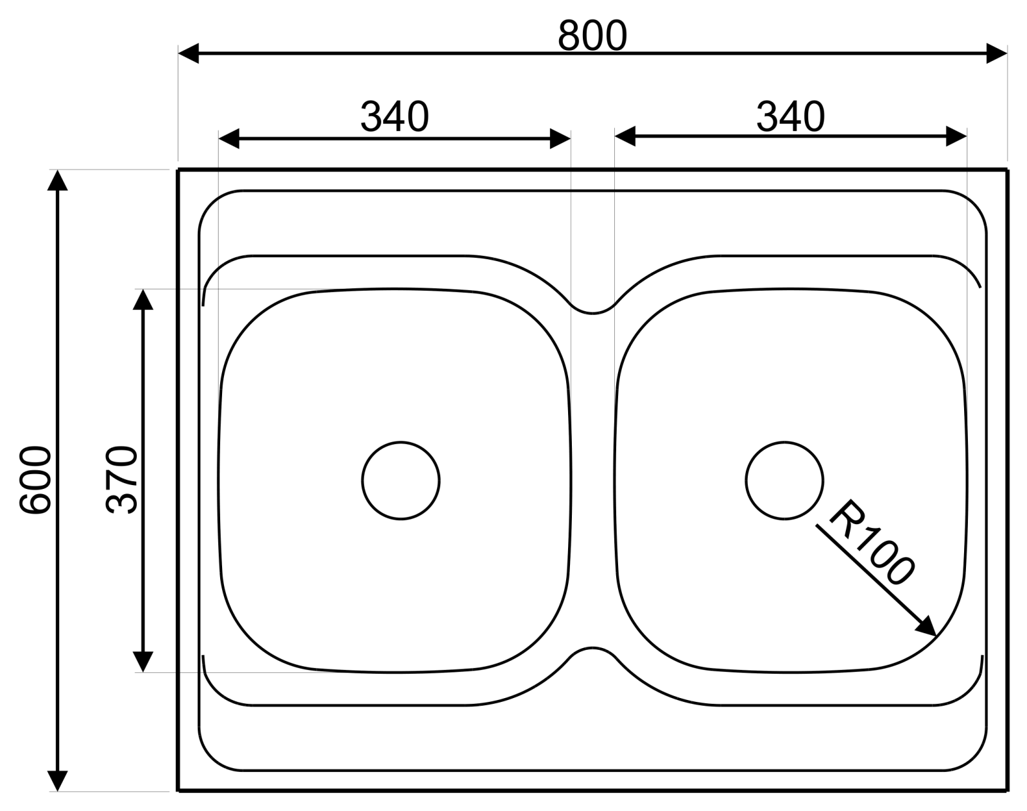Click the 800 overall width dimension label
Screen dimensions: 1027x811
point(592,35)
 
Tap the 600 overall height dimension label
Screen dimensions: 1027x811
point(35,481)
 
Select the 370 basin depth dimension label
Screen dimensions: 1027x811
point(121,480)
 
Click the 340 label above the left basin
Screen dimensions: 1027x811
point(395,116)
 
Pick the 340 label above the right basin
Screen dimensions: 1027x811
point(791,116)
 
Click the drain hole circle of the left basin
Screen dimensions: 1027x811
point(401,442)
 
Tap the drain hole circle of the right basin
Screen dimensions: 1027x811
point(784,442)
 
